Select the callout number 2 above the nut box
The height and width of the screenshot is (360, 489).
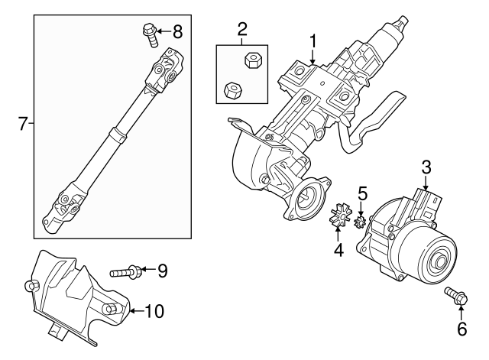(x=242, y=31)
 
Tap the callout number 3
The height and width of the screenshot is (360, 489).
(x=426, y=167)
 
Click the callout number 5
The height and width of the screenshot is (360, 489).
(x=363, y=193)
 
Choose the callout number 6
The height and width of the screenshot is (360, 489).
(x=461, y=330)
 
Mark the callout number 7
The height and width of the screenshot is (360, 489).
(x=22, y=123)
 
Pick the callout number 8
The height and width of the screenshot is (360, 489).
(x=177, y=31)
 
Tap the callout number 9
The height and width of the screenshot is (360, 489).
(x=161, y=270)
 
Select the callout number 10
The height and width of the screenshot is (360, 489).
(x=154, y=310)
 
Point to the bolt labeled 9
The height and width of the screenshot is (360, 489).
(x=124, y=271)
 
